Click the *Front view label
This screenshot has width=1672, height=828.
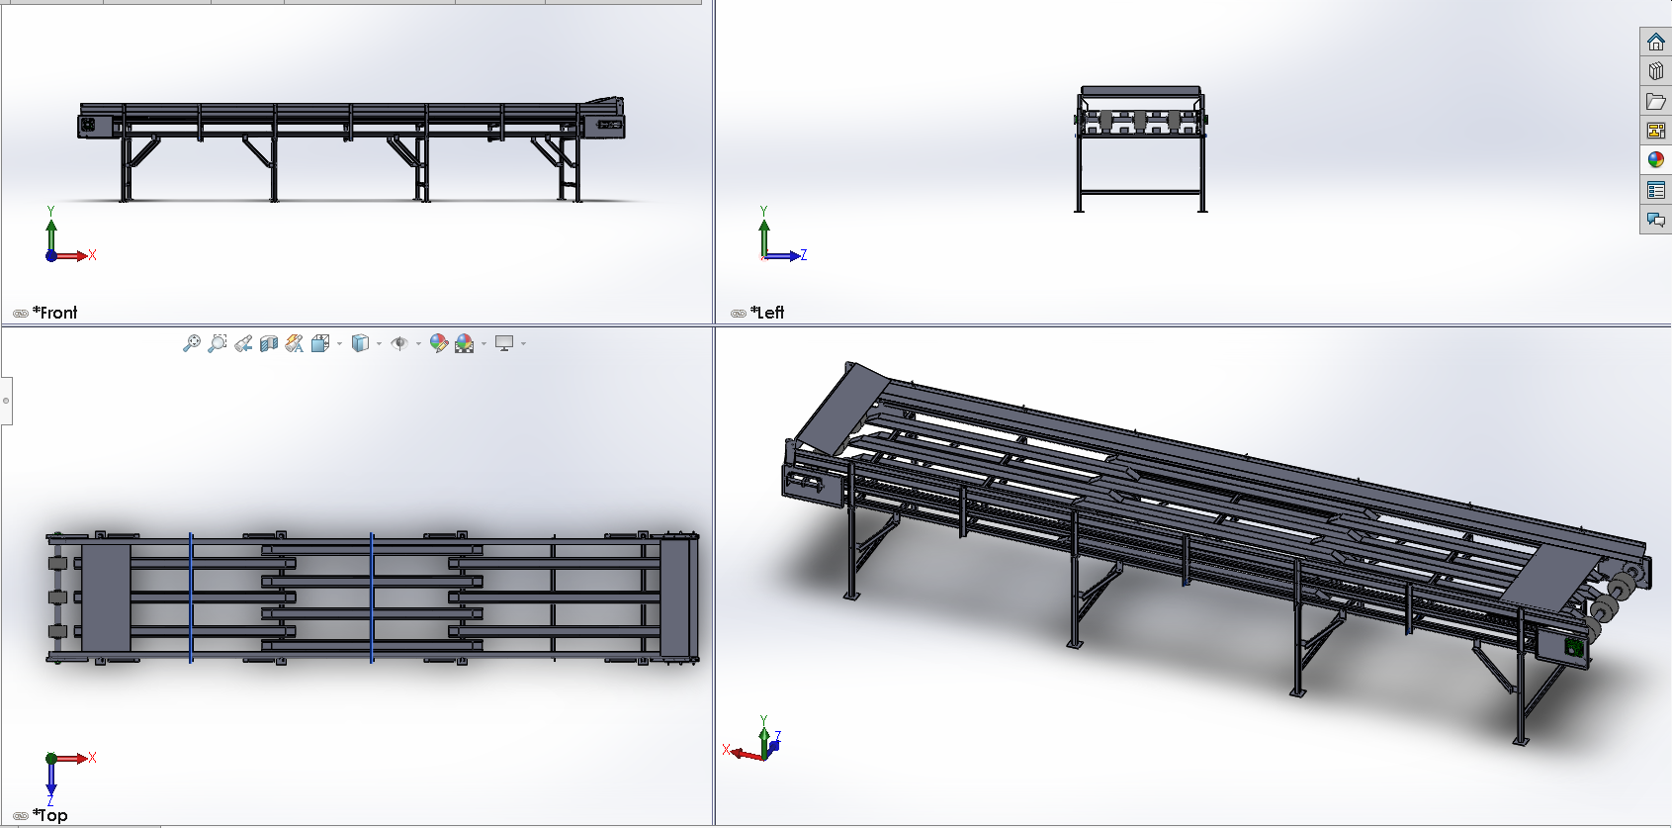click(x=54, y=313)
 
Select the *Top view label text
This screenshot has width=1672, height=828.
click(x=49, y=815)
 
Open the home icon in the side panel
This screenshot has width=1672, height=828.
click(x=1655, y=42)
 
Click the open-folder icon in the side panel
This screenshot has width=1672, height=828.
click(x=1655, y=101)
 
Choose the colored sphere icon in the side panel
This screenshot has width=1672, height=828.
click(x=1655, y=160)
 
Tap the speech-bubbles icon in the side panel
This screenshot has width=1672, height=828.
click(x=1655, y=220)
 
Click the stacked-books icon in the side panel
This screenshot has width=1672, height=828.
click(x=1655, y=71)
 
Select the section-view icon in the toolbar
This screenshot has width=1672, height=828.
click(x=269, y=343)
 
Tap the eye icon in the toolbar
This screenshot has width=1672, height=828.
click(x=399, y=343)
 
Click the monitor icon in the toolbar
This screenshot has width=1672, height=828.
click(x=504, y=343)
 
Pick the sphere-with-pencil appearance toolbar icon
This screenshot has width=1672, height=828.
click(x=439, y=343)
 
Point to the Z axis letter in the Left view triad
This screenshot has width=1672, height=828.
click(x=803, y=255)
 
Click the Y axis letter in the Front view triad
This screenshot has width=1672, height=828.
click(x=50, y=212)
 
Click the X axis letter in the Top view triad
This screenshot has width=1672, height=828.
click(x=93, y=758)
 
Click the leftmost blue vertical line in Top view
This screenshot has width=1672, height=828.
click(x=191, y=598)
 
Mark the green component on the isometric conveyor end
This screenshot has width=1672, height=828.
click(x=1574, y=647)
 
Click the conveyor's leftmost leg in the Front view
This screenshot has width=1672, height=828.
click(x=126, y=167)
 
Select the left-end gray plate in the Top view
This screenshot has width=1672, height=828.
click(x=105, y=598)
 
